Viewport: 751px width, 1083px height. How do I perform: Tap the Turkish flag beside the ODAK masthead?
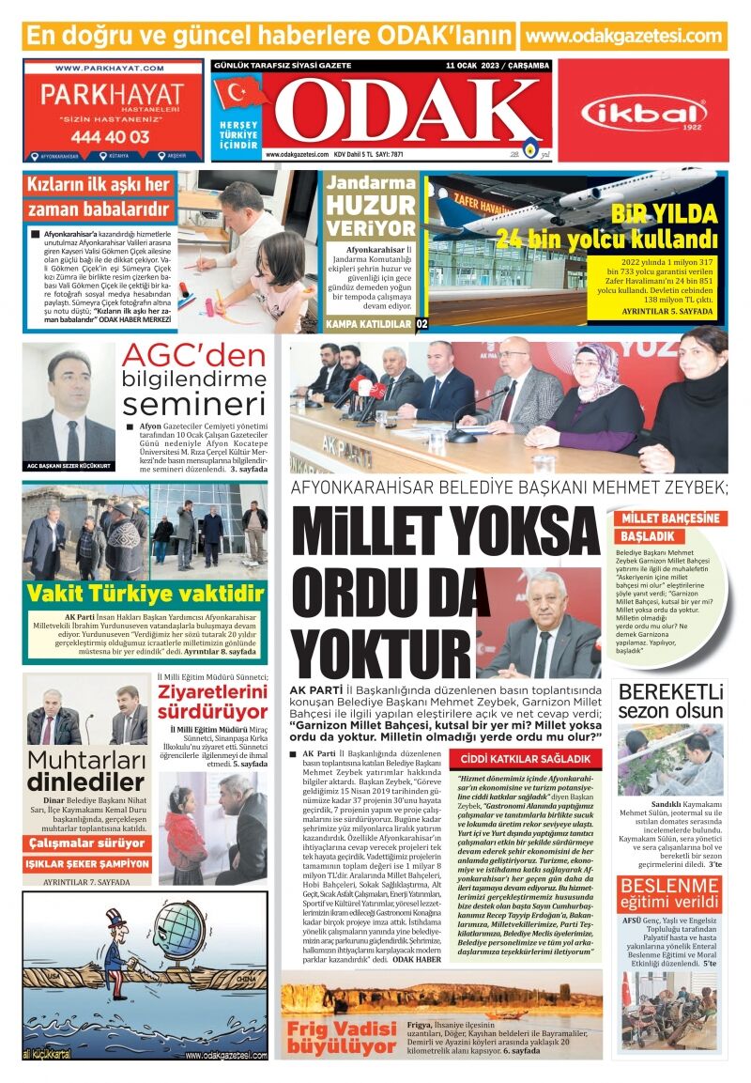pos(240,94)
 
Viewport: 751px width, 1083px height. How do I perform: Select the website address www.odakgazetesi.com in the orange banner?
pos(623,36)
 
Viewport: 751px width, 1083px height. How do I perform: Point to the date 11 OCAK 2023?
pos(477,66)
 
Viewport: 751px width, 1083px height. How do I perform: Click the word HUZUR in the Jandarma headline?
pos(371,206)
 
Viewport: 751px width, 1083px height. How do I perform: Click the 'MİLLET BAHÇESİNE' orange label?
pos(670,518)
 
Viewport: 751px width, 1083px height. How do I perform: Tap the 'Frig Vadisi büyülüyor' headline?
pos(342,1034)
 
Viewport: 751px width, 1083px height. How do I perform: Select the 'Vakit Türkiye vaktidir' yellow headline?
pos(145,594)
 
